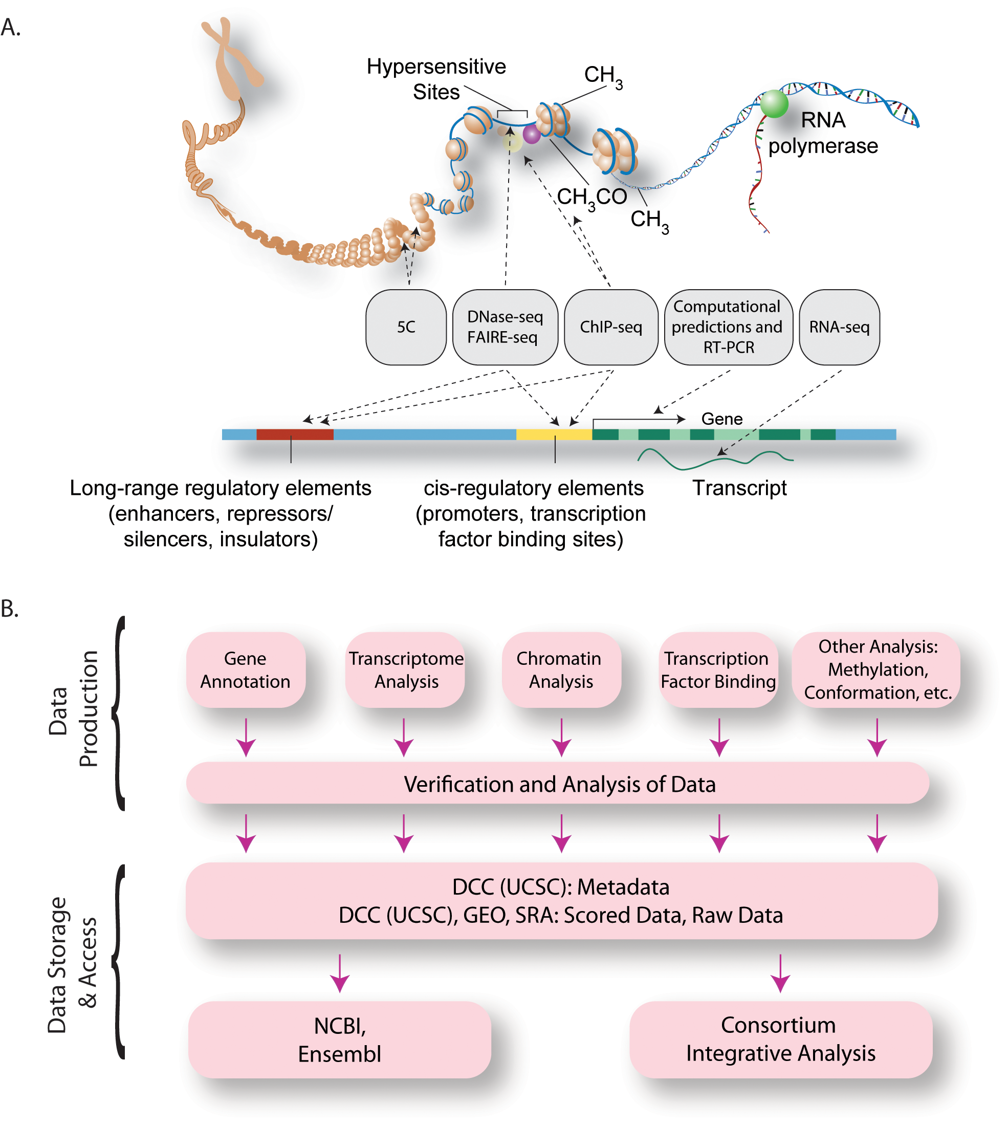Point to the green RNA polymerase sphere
click(x=774, y=103)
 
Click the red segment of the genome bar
click(x=295, y=434)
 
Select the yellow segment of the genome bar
click(x=554, y=434)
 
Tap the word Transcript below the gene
click(x=739, y=488)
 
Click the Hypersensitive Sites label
click(x=436, y=79)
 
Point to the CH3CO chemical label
click(x=591, y=197)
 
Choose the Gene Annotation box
click(x=246, y=669)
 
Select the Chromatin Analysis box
click(x=560, y=669)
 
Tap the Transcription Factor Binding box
click(x=718, y=669)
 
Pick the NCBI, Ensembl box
click(x=340, y=1040)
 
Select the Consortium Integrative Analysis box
click(x=780, y=1039)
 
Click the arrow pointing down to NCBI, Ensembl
click(x=340, y=973)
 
